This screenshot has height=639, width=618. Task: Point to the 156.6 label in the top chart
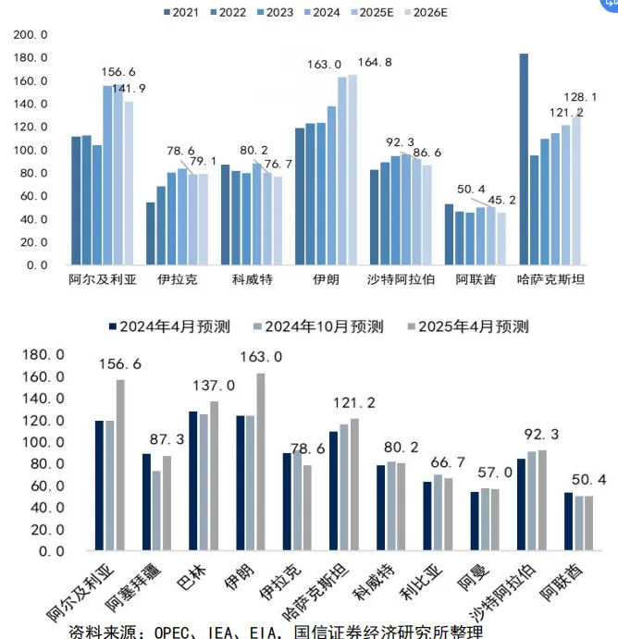pos(118,71)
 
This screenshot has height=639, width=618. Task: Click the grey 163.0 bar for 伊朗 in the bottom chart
pos(260,461)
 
